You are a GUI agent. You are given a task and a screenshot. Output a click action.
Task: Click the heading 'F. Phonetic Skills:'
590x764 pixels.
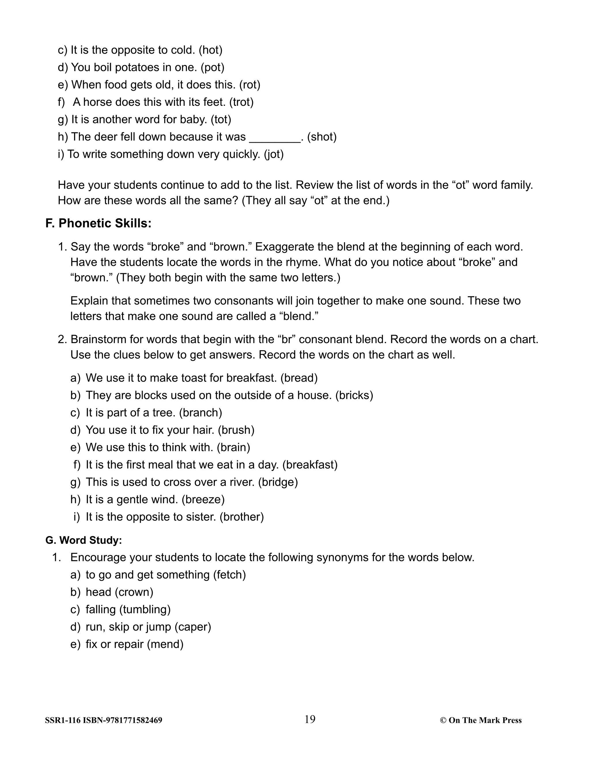[98, 223]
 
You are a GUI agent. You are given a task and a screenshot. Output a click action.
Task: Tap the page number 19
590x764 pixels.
[310, 719]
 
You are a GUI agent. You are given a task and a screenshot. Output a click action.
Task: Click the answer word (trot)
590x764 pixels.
[241, 102]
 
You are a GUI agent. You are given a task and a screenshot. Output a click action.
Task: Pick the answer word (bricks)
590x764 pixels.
[354, 395]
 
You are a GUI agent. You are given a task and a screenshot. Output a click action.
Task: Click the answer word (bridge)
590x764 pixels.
[278, 482]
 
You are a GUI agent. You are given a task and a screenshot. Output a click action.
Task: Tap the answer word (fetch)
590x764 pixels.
[229, 575]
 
